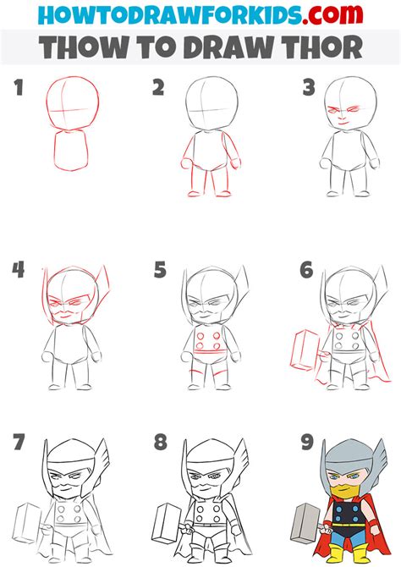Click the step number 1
tap(19, 88)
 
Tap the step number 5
tap(160, 270)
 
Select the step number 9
tap(307, 442)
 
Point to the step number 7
tap(19, 442)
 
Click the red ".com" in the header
tap(332, 14)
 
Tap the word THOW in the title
tap(84, 47)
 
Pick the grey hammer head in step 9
tap(305, 522)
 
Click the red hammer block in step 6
tap(305, 350)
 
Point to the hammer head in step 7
tap(27, 522)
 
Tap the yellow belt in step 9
tap(349, 525)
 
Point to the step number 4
tap(18, 270)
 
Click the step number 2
tap(158, 88)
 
